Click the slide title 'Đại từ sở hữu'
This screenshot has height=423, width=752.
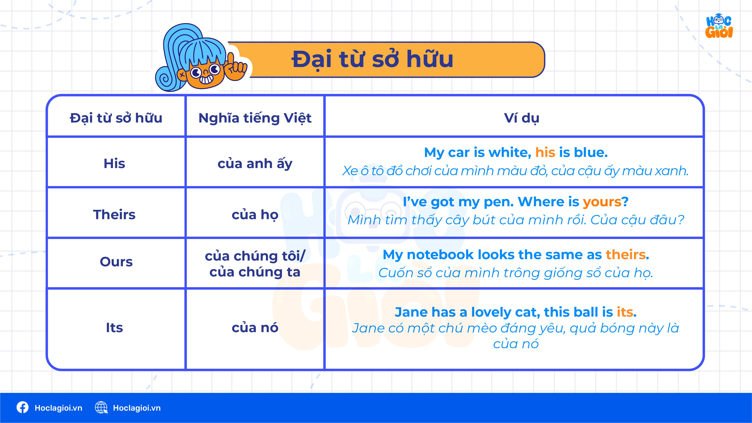click(373, 59)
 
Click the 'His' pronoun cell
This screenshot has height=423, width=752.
click(114, 163)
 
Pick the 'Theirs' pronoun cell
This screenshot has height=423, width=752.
click(114, 215)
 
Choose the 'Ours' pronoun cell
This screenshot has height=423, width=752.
click(116, 262)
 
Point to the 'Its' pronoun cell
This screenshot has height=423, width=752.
click(114, 328)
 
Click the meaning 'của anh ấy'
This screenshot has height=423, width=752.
click(255, 164)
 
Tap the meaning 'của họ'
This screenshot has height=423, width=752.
click(255, 215)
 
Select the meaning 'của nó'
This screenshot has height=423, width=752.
click(255, 328)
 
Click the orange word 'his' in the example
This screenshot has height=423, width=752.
click(545, 152)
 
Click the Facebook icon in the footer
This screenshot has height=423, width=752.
click(22, 407)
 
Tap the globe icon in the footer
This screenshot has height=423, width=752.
click(101, 407)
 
